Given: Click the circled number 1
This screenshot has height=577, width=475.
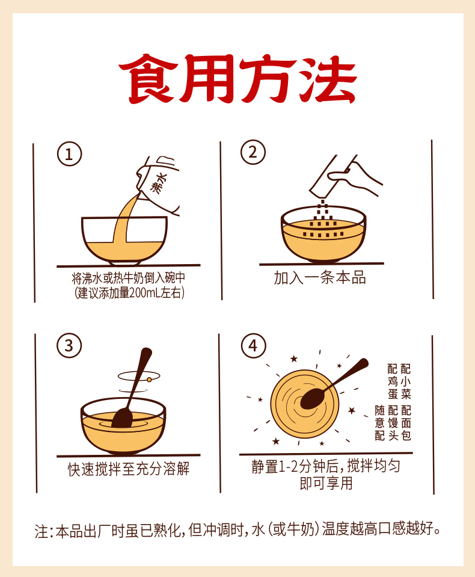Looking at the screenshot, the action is click(69, 154).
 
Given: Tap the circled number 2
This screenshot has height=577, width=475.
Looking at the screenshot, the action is click(253, 152).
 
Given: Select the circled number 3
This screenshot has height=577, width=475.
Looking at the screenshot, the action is click(69, 345).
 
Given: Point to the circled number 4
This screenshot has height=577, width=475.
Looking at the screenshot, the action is click(253, 346).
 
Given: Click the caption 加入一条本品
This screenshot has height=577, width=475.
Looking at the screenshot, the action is click(320, 278).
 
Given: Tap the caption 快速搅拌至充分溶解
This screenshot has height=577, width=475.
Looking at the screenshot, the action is click(129, 469).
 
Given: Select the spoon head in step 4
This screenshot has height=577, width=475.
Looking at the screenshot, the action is click(313, 399).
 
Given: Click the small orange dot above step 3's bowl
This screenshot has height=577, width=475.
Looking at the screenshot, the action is click(150, 380).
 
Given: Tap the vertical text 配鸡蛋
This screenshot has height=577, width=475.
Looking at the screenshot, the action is click(393, 381).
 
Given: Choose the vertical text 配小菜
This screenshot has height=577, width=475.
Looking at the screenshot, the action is click(406, 381).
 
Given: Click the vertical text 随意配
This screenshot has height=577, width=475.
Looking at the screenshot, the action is click(380, 423).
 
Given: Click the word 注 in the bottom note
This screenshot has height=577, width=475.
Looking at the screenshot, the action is click(41, 531).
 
